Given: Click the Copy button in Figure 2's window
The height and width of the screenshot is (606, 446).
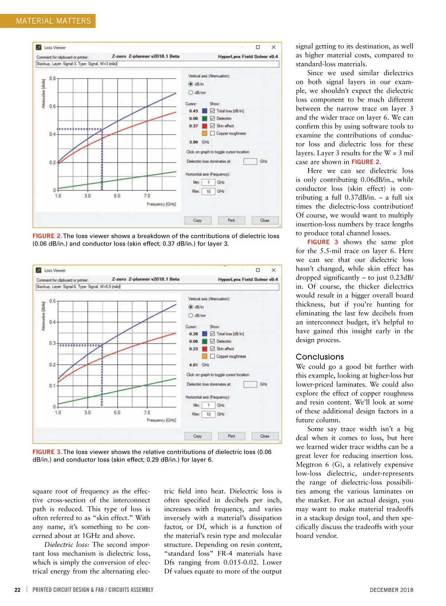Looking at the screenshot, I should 197,220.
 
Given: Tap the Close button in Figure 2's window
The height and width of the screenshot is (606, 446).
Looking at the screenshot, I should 265,220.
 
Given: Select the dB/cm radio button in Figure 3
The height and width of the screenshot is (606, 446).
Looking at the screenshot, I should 191,315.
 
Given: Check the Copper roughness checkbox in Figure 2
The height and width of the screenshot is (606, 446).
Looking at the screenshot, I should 213,133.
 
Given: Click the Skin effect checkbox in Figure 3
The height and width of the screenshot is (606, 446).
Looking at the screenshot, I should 213,349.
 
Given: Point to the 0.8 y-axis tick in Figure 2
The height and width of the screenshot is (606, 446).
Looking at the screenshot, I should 53,78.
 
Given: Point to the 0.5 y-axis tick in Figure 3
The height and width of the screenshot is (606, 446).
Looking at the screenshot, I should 53,301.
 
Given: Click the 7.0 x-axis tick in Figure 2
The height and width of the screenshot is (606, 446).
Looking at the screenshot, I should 147,196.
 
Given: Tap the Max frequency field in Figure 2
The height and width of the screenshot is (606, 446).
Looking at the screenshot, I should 209,191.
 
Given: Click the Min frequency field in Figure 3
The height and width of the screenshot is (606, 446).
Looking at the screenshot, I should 209,405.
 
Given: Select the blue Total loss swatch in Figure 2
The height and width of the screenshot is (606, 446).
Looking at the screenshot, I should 204,111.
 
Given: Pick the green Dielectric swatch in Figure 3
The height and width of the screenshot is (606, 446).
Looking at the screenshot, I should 204,341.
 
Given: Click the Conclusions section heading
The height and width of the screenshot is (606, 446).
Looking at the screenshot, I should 320,357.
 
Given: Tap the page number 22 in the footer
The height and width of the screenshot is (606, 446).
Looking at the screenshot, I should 17,590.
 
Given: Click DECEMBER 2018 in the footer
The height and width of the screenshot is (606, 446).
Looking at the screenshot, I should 391,590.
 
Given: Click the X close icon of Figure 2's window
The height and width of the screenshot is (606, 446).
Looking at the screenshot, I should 274,47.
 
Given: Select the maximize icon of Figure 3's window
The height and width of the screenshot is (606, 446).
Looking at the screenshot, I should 258,270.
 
